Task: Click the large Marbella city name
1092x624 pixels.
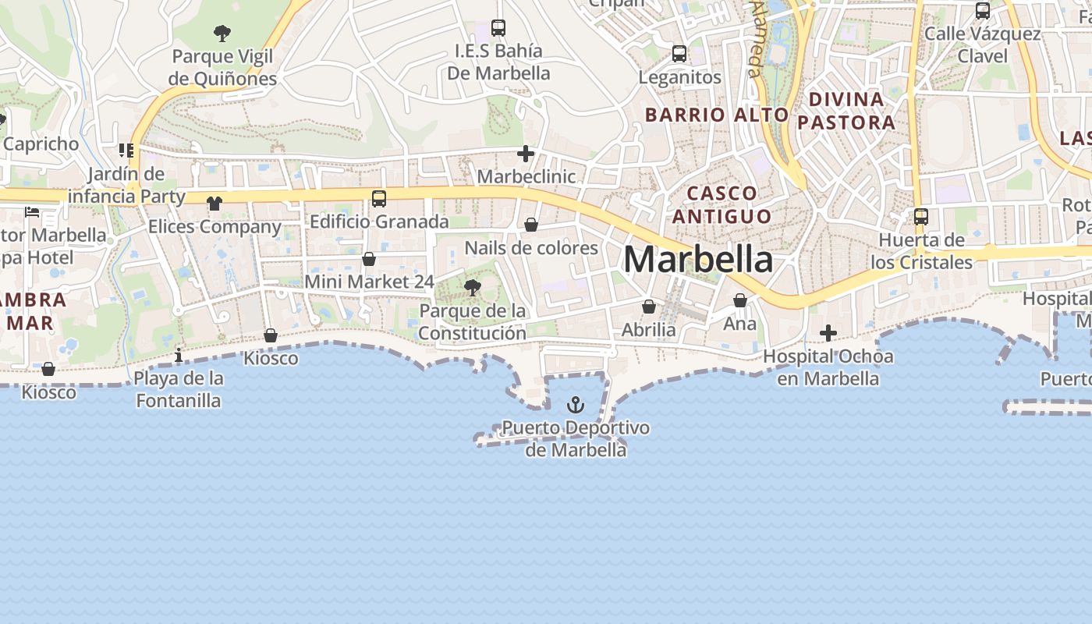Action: pyautogui.click(x=698, y=260)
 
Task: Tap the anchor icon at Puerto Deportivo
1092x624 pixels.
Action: pyautogui.click(x=575, y=404)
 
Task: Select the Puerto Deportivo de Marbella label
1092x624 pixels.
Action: pyautogui.click(x=576, y=438)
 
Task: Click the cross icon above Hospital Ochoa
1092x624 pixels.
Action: pyautogui.click(x=828, y=334)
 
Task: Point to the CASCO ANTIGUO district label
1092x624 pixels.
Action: pyautogui.click(x=721, y=204)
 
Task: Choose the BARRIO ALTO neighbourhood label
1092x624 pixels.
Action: pyautogui.click(x=717, y=115)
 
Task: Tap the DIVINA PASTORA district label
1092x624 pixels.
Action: pyautogui.click(x=846, y=111)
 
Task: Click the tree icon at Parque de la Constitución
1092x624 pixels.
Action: pyautogui.click(x=472, y=288)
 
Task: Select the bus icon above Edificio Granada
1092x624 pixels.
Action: pyautogui.click(x=379, y=198)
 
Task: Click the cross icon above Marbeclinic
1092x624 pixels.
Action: pyautogui.click(x=526, y=154)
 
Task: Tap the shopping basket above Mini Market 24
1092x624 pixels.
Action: pyautogui.click(x=369, y=259)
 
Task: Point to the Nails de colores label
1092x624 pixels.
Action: pyautogui.click(x=531, y=248)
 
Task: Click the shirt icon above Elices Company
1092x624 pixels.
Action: pyautogui.click(x=214, y=204)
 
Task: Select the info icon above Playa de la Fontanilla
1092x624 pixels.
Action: pyautogui.click(x=179, y=356)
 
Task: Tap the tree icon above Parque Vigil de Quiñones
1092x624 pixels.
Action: pyautogui.click(x=222, y=33)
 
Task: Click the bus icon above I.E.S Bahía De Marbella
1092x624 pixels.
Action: pyautogui.click(x=498, y=28)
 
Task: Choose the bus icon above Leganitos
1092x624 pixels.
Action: pyautogui.click(x=679, y=54)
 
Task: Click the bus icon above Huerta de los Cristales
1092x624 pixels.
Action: pyautogui.click(x=921, y=216)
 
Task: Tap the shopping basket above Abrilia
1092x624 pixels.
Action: pyautogui.click(x=648, y=307)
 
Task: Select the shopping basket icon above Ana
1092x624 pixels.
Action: pyautogui.click(x=740, y=300)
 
